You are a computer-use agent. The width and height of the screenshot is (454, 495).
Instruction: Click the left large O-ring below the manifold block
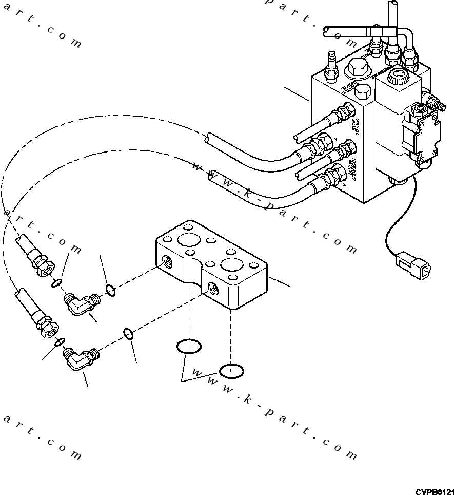point(188,347)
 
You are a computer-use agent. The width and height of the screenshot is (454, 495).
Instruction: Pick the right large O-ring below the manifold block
point(231,370)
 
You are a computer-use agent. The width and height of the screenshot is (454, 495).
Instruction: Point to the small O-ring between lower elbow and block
point(130,334)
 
